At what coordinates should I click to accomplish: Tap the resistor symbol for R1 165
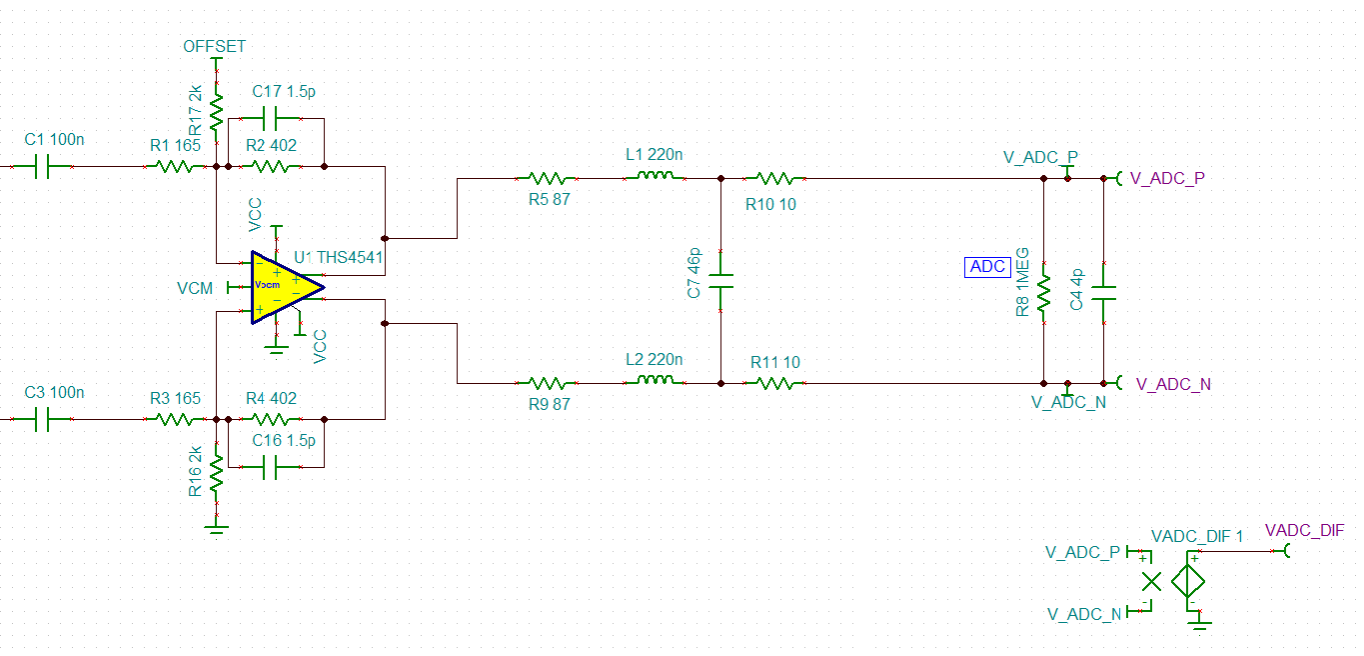tap(176, 167)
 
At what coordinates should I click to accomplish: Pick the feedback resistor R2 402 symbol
tap(271, 167)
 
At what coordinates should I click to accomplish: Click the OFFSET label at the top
tap(214, 46)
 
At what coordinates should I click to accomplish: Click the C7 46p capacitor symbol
tap(720, 281)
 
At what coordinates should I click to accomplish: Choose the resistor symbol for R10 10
tap(774, 178)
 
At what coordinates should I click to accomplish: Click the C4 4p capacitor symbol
tap(1103, 292)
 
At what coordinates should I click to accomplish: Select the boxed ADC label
tap(987, 267)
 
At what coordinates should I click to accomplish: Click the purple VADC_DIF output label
tap(1303, 530)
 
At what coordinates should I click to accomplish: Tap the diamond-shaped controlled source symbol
tap(1189, 581)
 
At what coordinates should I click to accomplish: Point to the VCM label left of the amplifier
tap(195, 288)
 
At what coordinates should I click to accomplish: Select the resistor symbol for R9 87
tap(547, 382)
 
